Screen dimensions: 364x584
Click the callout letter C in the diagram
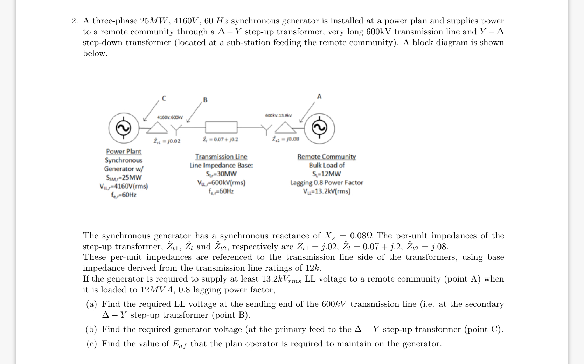pyautogui.click(x=164, y=99)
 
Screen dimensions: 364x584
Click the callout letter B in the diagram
pyautogui.click(x=205, y=100)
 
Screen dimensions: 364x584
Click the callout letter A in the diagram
pyautogui.click(x=319, y=96)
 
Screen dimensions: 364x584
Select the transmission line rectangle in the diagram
pyautogui.click(x=221, y=127)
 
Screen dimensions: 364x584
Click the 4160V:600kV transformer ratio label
pyautogui.click(x=170, y=116)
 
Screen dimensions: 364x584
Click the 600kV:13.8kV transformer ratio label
pyautogui.click(x=278, y=115)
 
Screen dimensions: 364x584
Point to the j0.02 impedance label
pyautogui.click(x=167, y=141)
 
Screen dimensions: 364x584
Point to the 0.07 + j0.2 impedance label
pyautogui.click(x=221, y=139)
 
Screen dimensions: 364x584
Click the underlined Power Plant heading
pyautogui.click(x=124, y=151)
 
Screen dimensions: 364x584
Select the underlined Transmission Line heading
pyautogui.click(x=221, y=156)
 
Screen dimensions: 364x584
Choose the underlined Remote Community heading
pyautogui.click(x=326, y=156)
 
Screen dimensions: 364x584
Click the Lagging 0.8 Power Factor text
pyautogui.click(x=326, y=182)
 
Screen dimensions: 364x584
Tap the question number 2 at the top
pyautogui.click(x=74, y=21)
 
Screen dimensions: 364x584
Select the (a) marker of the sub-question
pyautogui.click(x=92, y=304)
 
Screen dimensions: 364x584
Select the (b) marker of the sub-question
pyautogui.click(x=92, y=329)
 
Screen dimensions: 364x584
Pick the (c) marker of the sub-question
pyautogui.click(x=92, y=344)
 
